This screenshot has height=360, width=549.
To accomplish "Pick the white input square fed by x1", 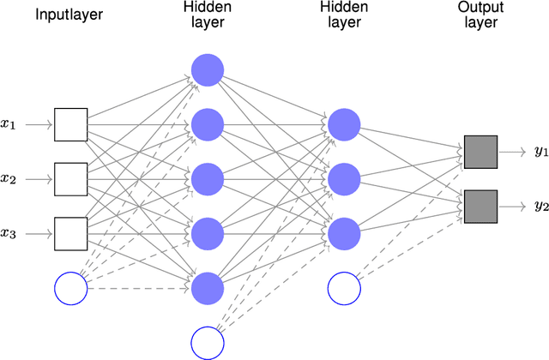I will click(x=70, y=124).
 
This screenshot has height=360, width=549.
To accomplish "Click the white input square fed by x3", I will click(x=70, y=233).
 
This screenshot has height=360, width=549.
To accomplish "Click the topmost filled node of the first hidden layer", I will click(x=207, y=70).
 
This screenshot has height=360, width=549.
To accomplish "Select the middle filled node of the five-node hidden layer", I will click(x=207, y=179).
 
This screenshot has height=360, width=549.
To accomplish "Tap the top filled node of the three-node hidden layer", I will click(x=343, y=124).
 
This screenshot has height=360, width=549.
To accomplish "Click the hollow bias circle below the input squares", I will click(x=70, y=288).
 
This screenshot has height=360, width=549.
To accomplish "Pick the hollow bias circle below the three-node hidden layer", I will click(x=343, y=288).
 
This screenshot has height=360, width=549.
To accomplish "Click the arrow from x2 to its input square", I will click(x=39, y=179).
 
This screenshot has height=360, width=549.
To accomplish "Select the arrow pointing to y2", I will click(x=513, y=206).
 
